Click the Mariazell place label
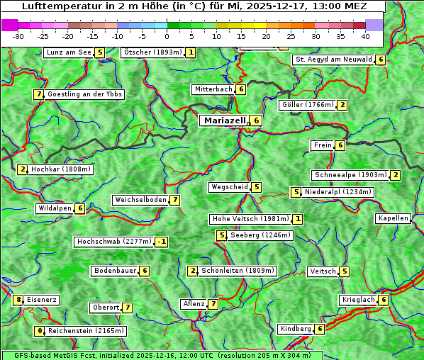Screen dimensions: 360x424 pyautogui.click(x=225, y=121)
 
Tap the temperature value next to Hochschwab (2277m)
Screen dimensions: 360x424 pyautogui.click(x=162, y=242)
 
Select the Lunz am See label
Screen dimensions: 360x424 pyautogui.click(x=69, y=52)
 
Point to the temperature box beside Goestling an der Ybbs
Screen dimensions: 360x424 pyautogui.click(x=38, y=94)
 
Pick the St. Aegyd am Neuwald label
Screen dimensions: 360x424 pyautogui.click(x=333, y=60)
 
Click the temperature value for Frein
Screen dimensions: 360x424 pyautogui.click(x=340, y=145)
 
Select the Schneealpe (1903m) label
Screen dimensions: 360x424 pyautogui.click(x=350, y=175)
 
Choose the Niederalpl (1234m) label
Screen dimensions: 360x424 pyautogui.click(x=337, y=192)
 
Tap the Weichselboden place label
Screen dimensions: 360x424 pyautogui.click(x=140, y=200)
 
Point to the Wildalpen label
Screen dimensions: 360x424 pyautogui.click(x=55, y=208)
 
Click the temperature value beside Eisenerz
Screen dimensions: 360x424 pyautogui.click(x=19, y=300)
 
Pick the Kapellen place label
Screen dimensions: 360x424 pyautogui.click(x=393, y=218)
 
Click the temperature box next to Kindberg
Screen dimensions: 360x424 pyautogui.click(x=320, y=329)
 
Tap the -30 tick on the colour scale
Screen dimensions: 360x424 pyautogui.click(x=18, y=35)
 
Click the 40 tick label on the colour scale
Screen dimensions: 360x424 pyautogui.click(x=365, y=35)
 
